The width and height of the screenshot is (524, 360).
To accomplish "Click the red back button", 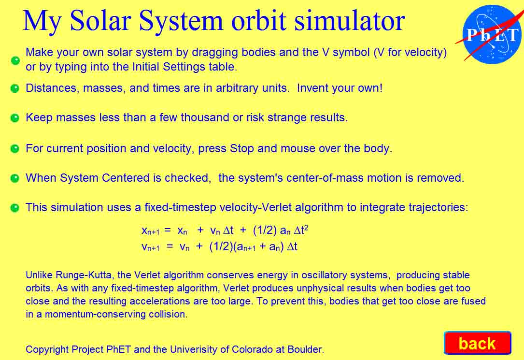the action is [478, 343].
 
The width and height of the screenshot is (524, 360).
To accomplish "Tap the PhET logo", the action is [491, 34].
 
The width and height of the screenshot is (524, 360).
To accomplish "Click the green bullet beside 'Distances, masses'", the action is [15, 88].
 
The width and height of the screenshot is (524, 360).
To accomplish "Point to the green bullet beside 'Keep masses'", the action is [15, 118].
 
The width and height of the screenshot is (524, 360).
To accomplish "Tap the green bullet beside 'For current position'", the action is [15, 148].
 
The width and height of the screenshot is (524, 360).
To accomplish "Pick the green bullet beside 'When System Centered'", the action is [15, 178].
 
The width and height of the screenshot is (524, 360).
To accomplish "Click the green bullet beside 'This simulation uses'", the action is [15, 208].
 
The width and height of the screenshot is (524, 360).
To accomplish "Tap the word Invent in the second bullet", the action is [312, 88].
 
